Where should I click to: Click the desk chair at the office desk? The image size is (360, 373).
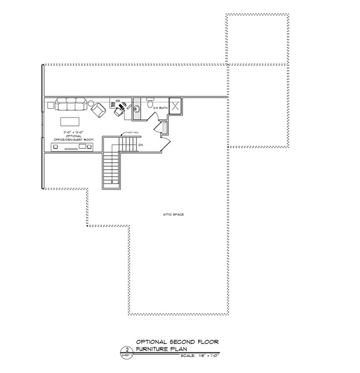coord(119,110)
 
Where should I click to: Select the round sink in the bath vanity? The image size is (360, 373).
coord(137,107)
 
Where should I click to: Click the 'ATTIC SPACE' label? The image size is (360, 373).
coord(173,214)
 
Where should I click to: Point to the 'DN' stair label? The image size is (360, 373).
coord(141,145)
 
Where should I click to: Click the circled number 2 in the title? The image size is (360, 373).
coord(127,350)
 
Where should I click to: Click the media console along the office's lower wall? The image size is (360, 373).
coord(71,147)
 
